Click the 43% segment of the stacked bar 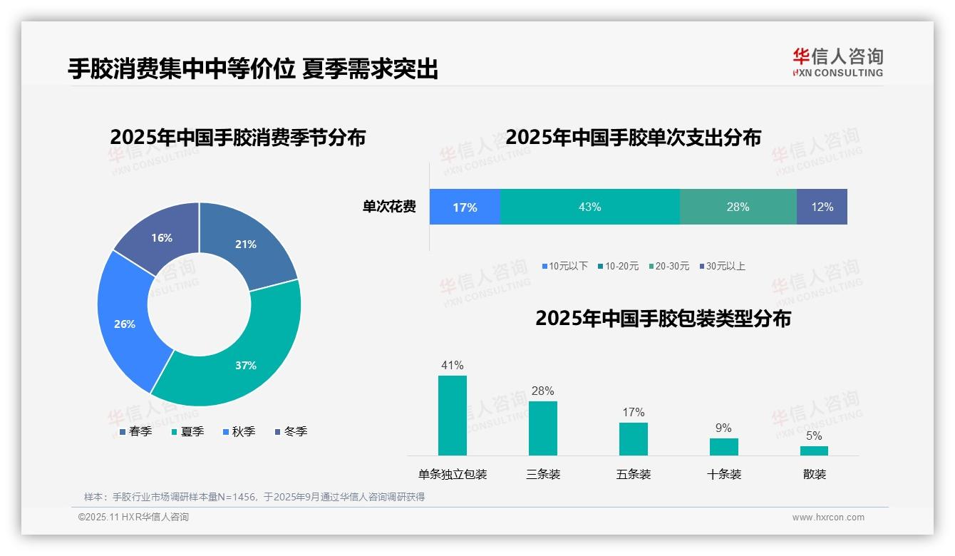(589, 207)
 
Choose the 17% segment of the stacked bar (465, 207)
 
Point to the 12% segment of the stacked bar (822, 207)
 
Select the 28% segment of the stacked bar (738, 207)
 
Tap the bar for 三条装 (542, 428)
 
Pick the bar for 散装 (814, 451)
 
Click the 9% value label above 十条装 (723, 428)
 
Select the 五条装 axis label (634, 474)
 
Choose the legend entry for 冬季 (291, 431)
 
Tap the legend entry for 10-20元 (618, 266)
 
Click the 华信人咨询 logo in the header (837, 62)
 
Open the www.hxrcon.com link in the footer (827, 518)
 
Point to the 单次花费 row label (389, 207)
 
